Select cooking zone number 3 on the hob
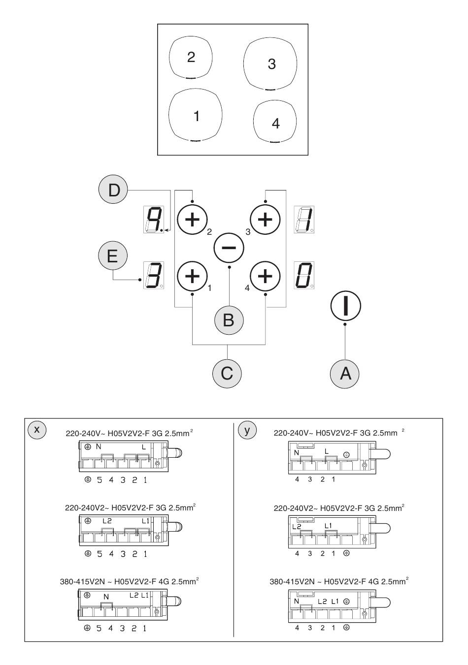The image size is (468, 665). [270, 64]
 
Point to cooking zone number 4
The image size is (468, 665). [275, 123]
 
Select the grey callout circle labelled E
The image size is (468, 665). [112, 257]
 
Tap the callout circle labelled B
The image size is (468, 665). [229, 320]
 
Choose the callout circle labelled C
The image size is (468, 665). [227, 373]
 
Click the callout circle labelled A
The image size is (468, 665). [345, 374]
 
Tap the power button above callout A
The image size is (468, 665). [345, 306]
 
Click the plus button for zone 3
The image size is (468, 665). [265, 218]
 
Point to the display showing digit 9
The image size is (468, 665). [153, 219]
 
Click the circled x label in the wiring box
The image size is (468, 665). [36, 429]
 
